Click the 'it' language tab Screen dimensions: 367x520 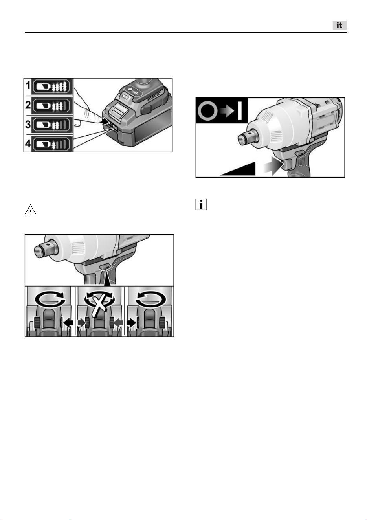click(x=339, y=25)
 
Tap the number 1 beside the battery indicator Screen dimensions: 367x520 click(x=28, y=86)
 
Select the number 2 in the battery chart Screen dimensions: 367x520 click(x=28, y=105)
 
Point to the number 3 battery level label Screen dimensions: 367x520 click(x=28, y=125)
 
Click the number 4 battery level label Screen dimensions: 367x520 click(x=28, y=144)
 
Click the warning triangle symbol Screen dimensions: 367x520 click(x=30, y=210)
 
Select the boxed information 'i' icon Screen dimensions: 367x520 click(x=201, y=205)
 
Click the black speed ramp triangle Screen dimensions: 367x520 click(x=238, y=169)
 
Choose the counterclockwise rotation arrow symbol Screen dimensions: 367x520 click(x=151, y=299)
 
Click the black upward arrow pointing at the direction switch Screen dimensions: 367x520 click(x=106, y=278)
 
